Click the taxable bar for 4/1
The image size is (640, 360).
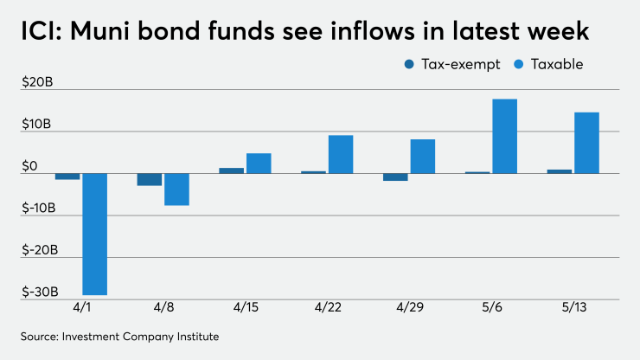point(94,234)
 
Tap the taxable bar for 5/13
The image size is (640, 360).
point(586,143)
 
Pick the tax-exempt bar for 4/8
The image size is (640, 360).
point(150,179)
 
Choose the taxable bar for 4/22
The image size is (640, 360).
point(341,154)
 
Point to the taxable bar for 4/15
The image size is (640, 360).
point(259,164)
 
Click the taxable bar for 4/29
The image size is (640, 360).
point(422,156)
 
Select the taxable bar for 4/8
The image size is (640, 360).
point(176,189)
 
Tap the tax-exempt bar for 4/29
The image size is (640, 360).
point(395,177)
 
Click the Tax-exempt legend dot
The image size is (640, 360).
point(408,64)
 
